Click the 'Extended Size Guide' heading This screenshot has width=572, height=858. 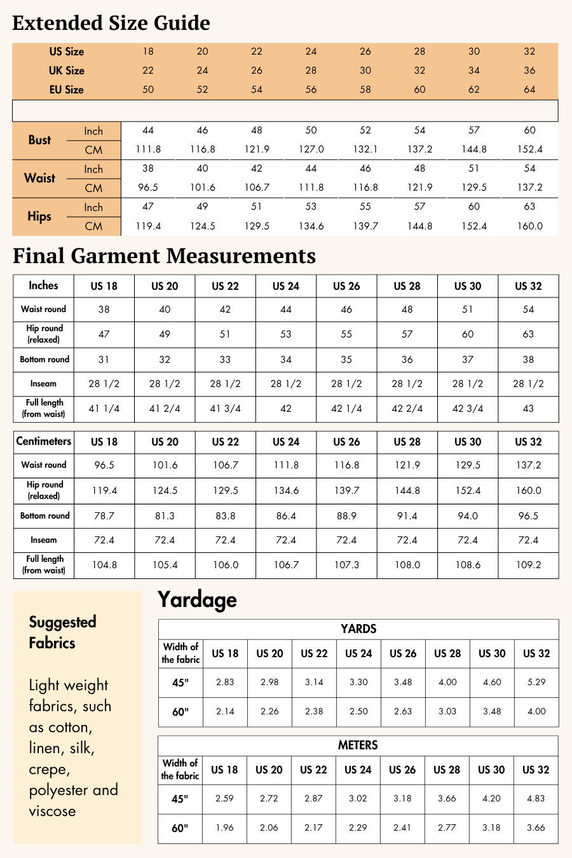(111, 23)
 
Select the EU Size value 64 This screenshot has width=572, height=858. (529, 90)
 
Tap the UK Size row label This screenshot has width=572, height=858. (67, 71)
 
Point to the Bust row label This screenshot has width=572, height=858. (39, 140)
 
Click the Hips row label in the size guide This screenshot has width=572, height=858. (39, 216)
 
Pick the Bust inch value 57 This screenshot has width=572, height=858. (474, 130)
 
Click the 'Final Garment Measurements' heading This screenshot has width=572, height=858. (164, 255)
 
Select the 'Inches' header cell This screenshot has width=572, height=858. (43, 285)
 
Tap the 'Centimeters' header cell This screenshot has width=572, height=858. (43, 441)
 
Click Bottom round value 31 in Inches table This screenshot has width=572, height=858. (104, 359)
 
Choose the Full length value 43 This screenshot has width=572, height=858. (528, 409)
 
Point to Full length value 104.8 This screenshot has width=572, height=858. (104, 564)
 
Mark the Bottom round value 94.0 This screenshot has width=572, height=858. (468, 515)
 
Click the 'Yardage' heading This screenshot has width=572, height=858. (197, 599)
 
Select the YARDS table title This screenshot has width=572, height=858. (358, 629)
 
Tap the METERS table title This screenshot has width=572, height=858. (358, 745)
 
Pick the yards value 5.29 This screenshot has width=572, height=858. (536, 682)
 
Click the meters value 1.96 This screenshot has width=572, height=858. (224, 827)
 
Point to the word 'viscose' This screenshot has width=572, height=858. (52, 811)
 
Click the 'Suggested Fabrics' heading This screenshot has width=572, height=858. (62, 632)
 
